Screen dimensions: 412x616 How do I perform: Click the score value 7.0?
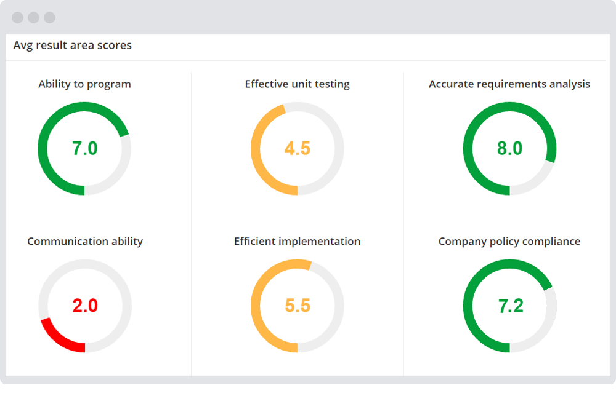click(x=84, y=148)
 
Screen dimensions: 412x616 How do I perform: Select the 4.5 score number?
click(x=297, y=148)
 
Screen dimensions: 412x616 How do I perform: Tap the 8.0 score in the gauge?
click(x=509, y=148)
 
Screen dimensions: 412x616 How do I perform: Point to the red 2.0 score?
click(x=84, y=306)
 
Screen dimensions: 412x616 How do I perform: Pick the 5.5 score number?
click(x=297, y=306)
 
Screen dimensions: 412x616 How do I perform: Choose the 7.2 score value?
click(x=509, y=306)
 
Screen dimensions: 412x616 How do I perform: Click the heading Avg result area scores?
click(x=72, y=45)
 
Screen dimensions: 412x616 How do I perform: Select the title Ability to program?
click(x=84, y=84)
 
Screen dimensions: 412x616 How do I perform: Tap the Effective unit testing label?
click(x=297, y=84)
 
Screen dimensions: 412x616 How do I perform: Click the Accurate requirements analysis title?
click(x=509, y=84)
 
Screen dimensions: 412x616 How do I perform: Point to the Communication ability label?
click(x=84, y=242)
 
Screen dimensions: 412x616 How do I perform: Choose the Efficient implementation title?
click(x=297, y=242)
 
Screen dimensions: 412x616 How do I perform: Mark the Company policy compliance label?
click(x=509, y=242)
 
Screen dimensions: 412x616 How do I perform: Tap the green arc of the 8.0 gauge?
click(x=468, y=148)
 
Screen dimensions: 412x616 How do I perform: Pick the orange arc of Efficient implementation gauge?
click(x=256, y=306)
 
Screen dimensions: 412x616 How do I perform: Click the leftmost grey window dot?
click(x=17, y=17)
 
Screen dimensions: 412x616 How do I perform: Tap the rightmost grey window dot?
click(x=49, y=17)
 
